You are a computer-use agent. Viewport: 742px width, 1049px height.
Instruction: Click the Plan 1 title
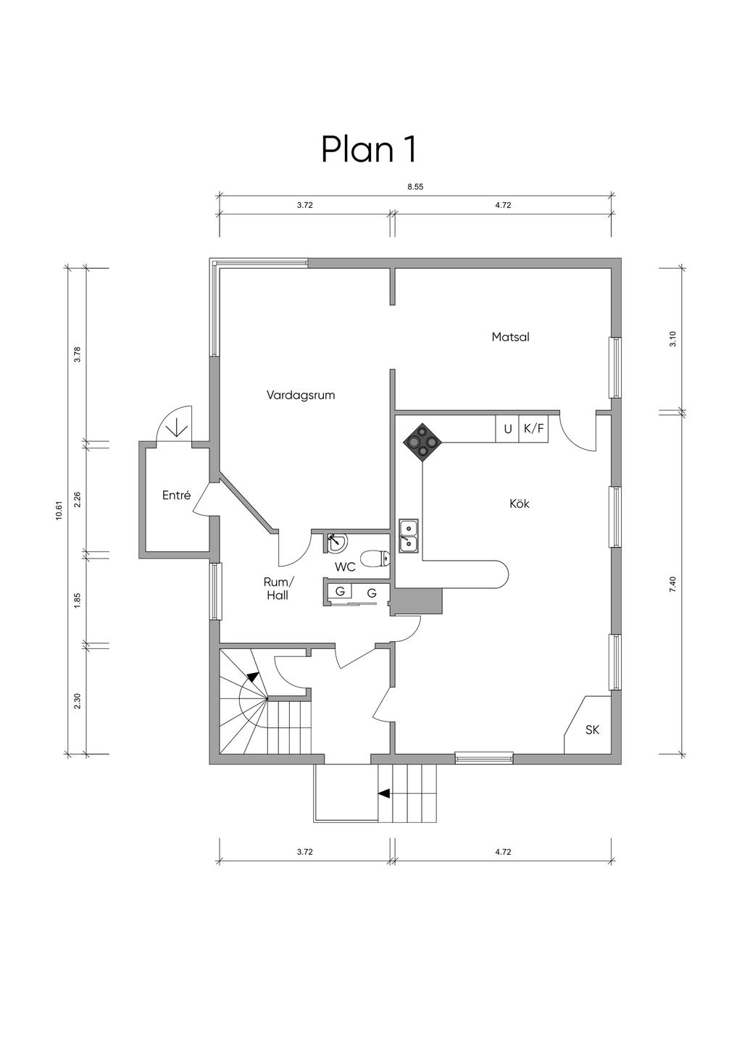pos(369,149)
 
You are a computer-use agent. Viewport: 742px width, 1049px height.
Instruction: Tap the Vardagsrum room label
pos(301,396)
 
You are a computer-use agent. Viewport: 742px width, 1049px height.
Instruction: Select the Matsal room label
pos(510,337)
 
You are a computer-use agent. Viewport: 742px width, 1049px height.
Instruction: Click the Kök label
pos(520,503)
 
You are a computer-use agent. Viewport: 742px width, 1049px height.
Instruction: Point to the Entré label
pos(176,496)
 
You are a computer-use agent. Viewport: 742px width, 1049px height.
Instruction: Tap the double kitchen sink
pos(409,535)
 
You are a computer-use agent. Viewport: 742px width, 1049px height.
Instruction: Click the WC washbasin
pos(337,541)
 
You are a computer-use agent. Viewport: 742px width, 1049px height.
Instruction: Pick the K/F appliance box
pos(534,429)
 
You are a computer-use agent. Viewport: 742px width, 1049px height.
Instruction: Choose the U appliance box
pos(508,429)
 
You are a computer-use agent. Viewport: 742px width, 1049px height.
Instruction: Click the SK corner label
pos(592,730)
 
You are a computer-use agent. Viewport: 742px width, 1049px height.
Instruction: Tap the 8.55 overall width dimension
pos(415,187)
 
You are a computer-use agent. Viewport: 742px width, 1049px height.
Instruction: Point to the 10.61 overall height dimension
pos(59,511)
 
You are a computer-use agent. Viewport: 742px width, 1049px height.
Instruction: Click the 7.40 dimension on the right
pos(672,583)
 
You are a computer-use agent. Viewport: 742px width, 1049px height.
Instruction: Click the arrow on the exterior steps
pos(384,793)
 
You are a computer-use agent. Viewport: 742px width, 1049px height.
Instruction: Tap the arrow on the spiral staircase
pos(252,677)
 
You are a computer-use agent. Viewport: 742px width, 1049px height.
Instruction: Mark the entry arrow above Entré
pos(177,427)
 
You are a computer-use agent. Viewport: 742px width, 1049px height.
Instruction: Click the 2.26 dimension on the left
pos(78,499)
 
